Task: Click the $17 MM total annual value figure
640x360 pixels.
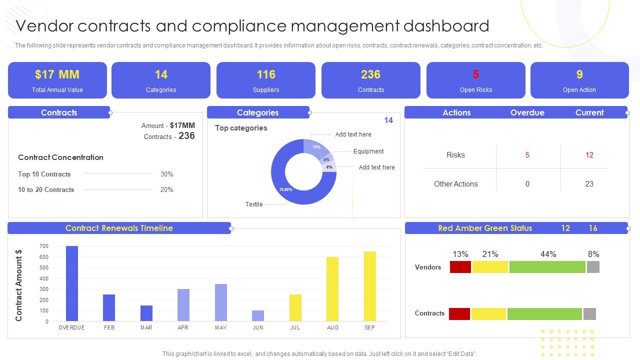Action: point(57,74)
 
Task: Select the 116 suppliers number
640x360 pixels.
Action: point(265,74)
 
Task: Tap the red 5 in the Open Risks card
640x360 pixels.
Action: point(475,74)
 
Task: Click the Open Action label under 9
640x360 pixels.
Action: point(579,90)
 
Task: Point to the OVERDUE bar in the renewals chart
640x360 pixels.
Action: point(72,283)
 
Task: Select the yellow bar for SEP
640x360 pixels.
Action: point(370,286)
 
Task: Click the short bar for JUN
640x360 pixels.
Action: point(258,315)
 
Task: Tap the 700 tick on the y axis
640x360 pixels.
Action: point(44,246)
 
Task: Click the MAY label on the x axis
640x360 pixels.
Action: point(220,327)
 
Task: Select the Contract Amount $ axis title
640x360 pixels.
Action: point(19,285)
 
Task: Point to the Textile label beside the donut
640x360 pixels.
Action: point(254,204)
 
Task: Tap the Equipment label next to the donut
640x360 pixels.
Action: point(368,151)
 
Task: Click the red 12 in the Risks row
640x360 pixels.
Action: point(589,155)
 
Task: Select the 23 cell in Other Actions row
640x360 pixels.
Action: point(589,184)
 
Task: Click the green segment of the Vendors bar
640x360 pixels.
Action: point(547,267)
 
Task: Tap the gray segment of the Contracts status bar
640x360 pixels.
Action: point(589,314)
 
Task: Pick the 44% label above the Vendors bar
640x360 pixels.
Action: point(548,254)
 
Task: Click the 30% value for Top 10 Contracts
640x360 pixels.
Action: point(167,174)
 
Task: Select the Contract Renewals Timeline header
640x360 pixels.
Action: point(119,228)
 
